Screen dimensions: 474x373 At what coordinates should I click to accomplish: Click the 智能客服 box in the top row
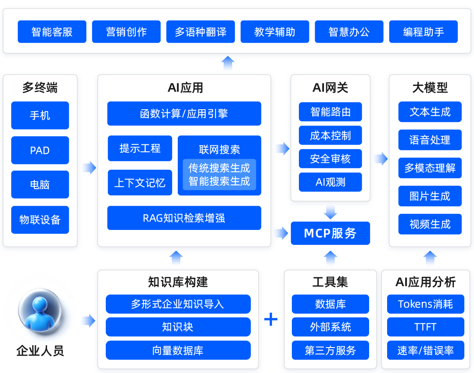52,32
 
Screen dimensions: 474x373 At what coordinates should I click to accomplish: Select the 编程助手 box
423,32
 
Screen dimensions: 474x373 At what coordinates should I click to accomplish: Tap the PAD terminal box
40,150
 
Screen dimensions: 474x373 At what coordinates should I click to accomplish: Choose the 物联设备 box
40,220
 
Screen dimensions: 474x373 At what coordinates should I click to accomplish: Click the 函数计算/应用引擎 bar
184,113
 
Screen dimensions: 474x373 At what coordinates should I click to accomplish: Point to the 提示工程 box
140,148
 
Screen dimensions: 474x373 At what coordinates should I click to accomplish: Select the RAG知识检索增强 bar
184,218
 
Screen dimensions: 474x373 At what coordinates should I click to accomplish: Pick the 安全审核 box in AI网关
330,159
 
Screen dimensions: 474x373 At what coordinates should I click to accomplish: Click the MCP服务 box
330,233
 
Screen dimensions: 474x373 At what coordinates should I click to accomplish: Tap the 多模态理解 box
430,168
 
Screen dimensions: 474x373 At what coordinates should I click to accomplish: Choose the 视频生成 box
430,224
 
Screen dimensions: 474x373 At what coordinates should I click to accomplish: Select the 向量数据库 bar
178,350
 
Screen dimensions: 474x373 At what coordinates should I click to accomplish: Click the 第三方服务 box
330,350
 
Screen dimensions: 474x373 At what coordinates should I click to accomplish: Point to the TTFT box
426,327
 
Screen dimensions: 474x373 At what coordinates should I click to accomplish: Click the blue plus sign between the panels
271,319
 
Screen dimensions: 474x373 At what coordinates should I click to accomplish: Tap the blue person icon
40,311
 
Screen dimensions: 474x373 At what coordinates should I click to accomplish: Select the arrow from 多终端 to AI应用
90,168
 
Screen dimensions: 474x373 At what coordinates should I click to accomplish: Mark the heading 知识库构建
178,282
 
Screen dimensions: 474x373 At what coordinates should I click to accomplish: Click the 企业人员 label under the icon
40,351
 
